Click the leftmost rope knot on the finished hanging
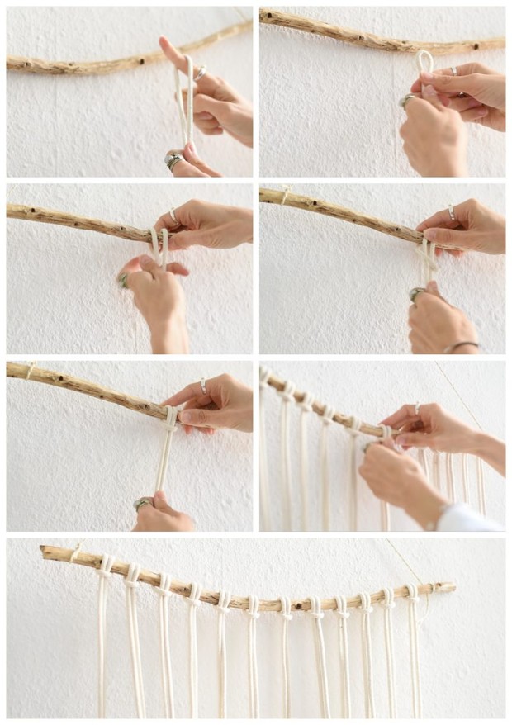click(105, 566)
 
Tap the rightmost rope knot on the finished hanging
click(410, 593)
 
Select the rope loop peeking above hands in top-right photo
click(424, 62)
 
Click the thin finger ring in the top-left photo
click(199, 73)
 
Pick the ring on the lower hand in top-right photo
click(408, 100)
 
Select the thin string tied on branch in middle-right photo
click(286, 196)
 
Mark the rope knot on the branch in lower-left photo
click(170, 417)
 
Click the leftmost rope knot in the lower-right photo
click(266, 378)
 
